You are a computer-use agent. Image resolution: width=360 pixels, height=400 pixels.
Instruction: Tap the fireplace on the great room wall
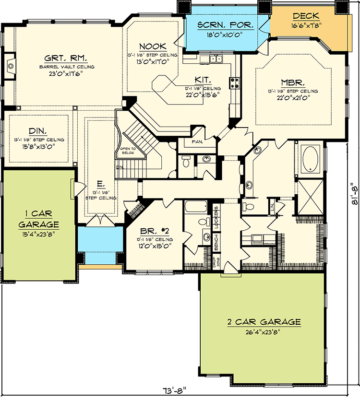click(x=11, y=65)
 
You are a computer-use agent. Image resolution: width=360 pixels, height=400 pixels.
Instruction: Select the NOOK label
click(x=153, y=46)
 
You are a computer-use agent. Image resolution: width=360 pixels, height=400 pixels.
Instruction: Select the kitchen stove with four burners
click(x=236, y=83)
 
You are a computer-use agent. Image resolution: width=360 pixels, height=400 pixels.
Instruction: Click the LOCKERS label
click(x=217, y=216)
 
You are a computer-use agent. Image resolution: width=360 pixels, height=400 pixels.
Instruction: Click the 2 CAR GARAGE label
click(x=264, y=322)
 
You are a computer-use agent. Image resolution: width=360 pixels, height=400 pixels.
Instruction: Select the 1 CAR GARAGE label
click(x=38, y=219)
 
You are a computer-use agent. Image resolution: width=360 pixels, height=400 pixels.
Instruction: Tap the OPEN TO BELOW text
click(x=127, y=151)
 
